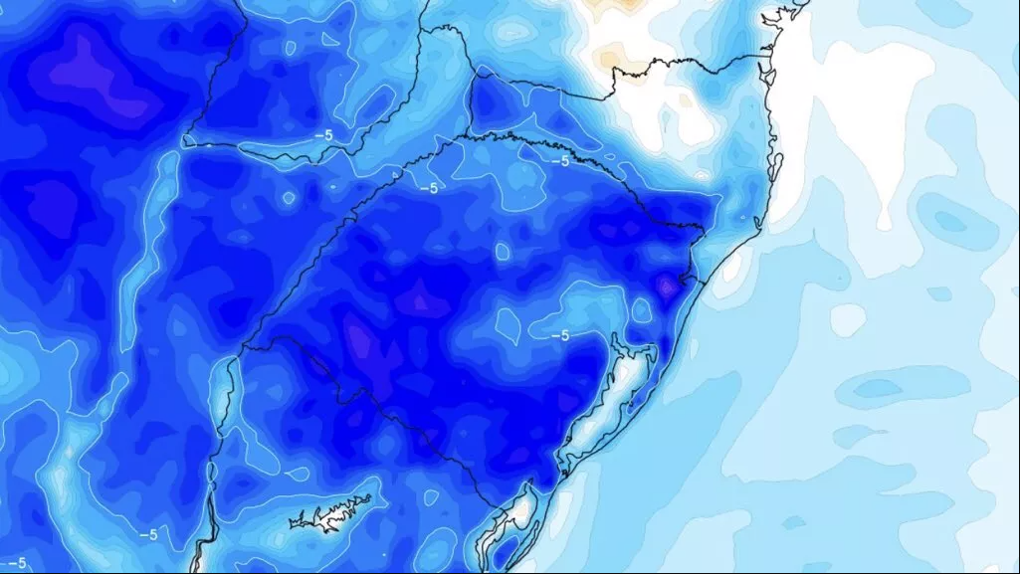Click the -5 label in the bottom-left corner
(16, 563)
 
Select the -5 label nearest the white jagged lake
(148, 534)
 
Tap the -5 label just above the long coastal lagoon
(559, 335)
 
